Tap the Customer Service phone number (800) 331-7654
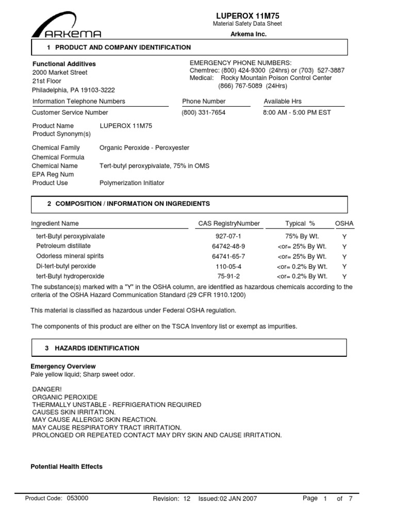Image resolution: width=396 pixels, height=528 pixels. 204,112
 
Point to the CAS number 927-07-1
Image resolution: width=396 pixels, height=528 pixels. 228,236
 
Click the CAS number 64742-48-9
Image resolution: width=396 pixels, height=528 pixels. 228,246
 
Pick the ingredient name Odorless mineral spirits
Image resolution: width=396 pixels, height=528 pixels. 70,256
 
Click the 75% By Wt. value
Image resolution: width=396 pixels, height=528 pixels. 302,236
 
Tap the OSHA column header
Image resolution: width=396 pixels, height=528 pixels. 344,224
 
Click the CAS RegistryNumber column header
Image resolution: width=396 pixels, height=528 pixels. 229,224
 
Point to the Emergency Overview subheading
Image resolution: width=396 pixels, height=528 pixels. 63,366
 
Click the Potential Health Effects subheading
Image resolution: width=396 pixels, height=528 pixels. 67,467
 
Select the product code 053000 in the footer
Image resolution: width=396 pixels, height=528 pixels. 78,498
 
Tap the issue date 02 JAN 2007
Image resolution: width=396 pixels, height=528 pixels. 238,499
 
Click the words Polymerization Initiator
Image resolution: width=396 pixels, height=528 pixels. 131,183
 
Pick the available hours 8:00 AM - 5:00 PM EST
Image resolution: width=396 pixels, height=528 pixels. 297,112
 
